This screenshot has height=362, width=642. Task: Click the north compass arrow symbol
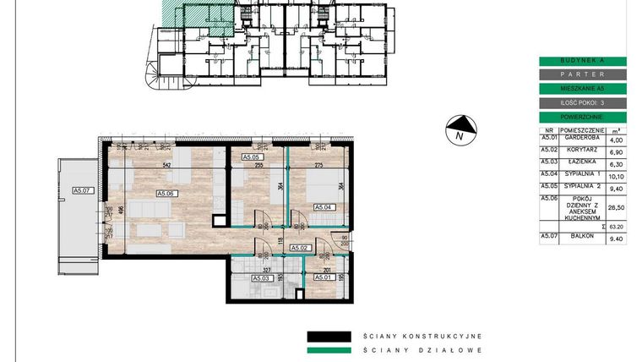pyautogui.click(x=461, y=129)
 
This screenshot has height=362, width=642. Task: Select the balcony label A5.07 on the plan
pyautogui.click(x=82, y=190)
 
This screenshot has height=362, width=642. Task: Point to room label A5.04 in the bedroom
pyautogui.click(x=325, y=206)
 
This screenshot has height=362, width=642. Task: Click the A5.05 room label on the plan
pyautogui.click(x=253, y=157)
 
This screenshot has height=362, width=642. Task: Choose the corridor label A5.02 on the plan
pyautogui.click(x=301, y=248)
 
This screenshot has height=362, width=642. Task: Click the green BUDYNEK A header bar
pyautogui.click(x=583, y=61)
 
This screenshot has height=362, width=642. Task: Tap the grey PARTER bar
pyautogui.click(x=583, y=74)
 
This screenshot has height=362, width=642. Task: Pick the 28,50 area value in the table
pyautogui.click(x=617, y=206)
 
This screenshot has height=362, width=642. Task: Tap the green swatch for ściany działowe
pyautogui.click(x=329, y=349)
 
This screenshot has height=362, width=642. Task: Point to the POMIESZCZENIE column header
pyautogui.click(x=583, y=131)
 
